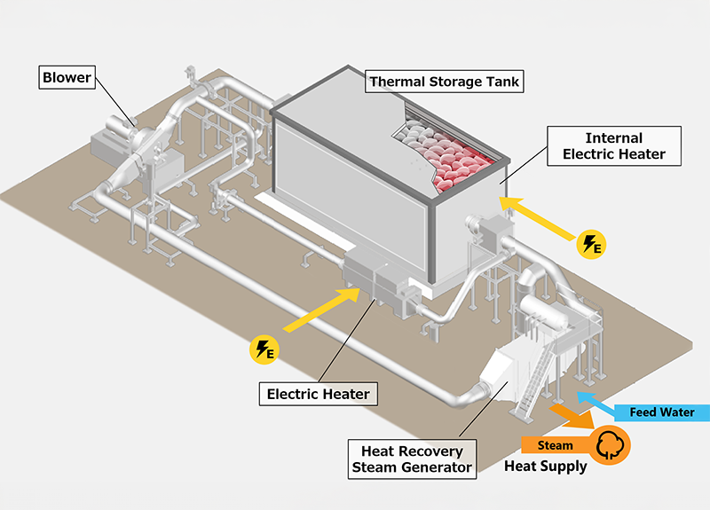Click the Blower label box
66,77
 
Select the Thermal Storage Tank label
445,82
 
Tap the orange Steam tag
554,445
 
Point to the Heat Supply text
545,467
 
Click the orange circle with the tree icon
611,444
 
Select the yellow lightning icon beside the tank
590,244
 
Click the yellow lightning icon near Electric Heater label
264,349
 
